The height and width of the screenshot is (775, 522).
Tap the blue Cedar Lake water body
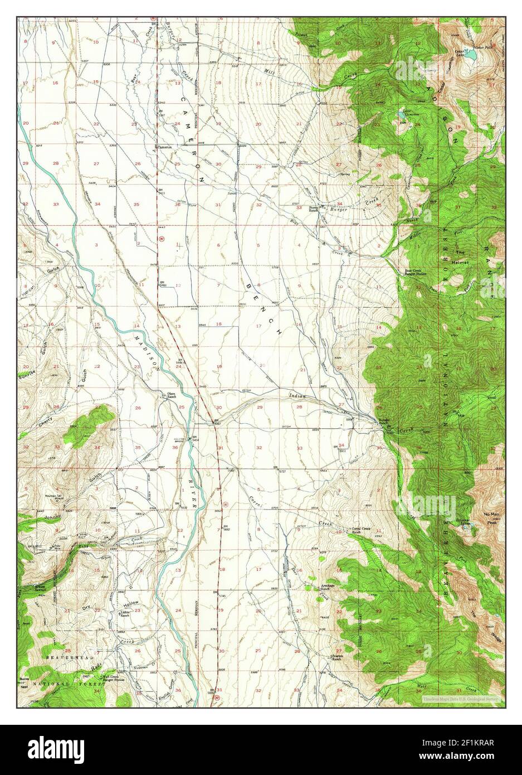click(471, 56)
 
